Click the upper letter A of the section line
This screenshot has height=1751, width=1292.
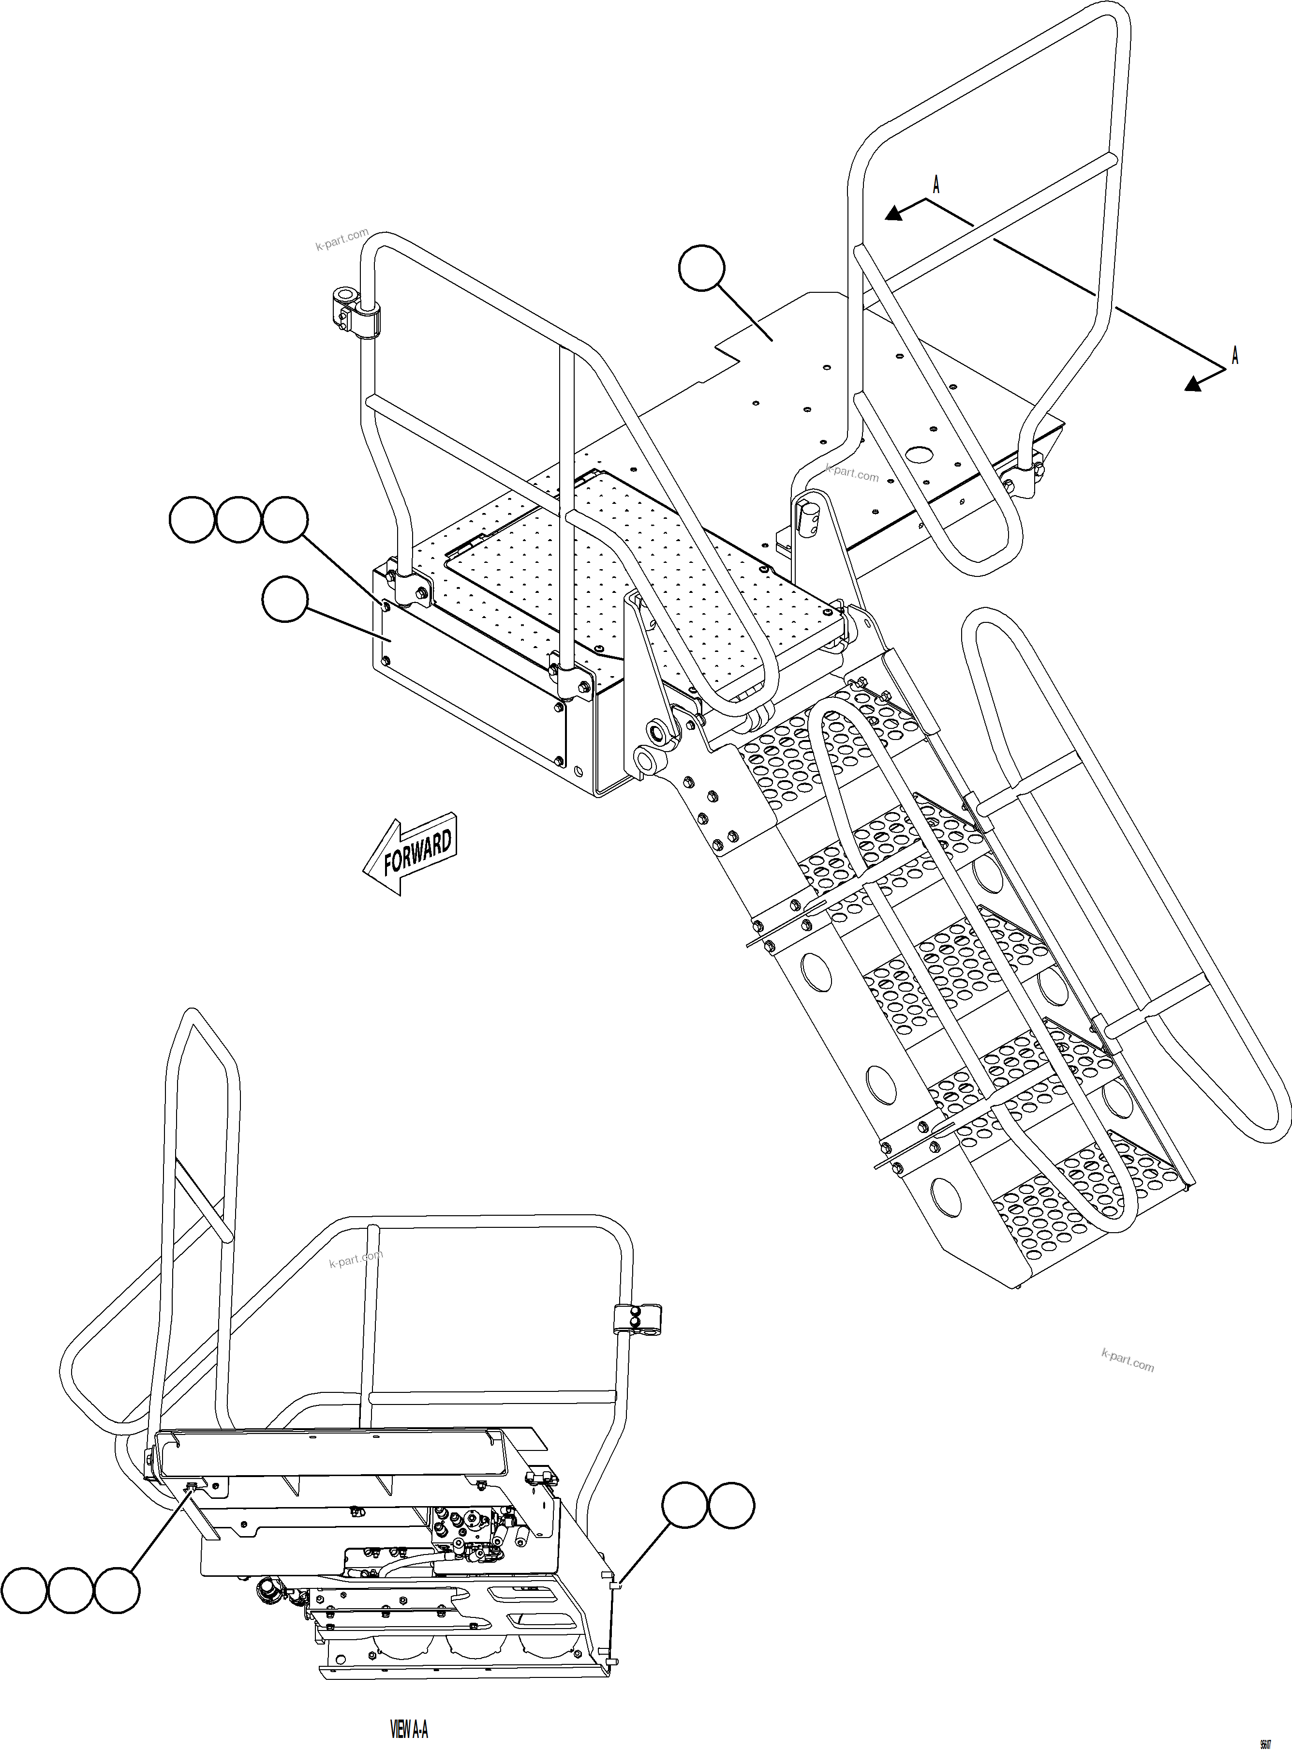[x=936, y=185]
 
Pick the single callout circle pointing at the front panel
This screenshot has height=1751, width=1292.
[x=285, y=599]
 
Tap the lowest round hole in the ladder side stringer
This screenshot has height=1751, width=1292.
[x=946, y=1195]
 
